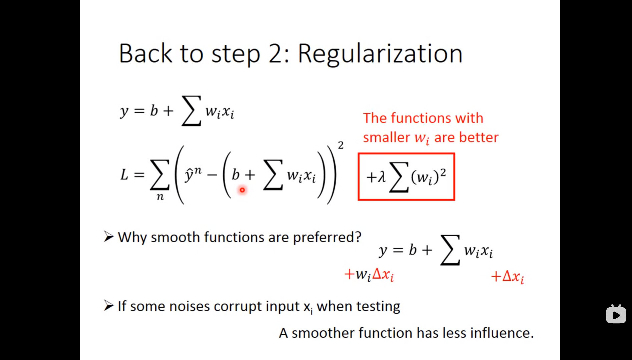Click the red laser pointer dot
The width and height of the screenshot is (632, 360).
(x=242, y=190)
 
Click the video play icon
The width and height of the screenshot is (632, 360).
(x=616, y=315)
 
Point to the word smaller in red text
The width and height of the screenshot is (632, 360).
(x=386, y=137)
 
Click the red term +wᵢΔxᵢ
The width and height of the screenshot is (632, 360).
(x=369, y=275)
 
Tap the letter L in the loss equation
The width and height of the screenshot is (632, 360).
(x=124, y=174)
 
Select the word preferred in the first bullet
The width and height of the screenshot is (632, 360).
(x=327, y=237)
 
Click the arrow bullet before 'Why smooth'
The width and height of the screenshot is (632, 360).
(x=108, y=237)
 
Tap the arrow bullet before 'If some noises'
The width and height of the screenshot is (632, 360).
(x=108, y=305)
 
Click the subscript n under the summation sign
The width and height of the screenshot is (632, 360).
(x=160, y=197)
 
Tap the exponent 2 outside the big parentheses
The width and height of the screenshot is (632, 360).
(x=341, y=145)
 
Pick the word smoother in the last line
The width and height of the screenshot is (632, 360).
(x=323, y=333)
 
